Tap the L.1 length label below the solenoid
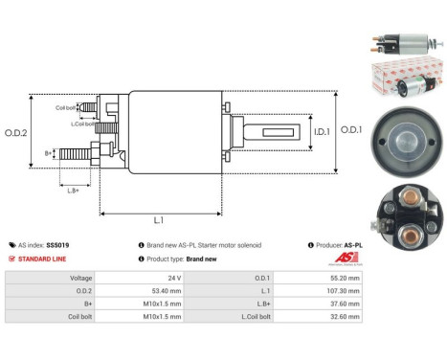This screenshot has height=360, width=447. point(159,222)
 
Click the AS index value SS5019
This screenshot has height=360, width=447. point(58,246)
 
